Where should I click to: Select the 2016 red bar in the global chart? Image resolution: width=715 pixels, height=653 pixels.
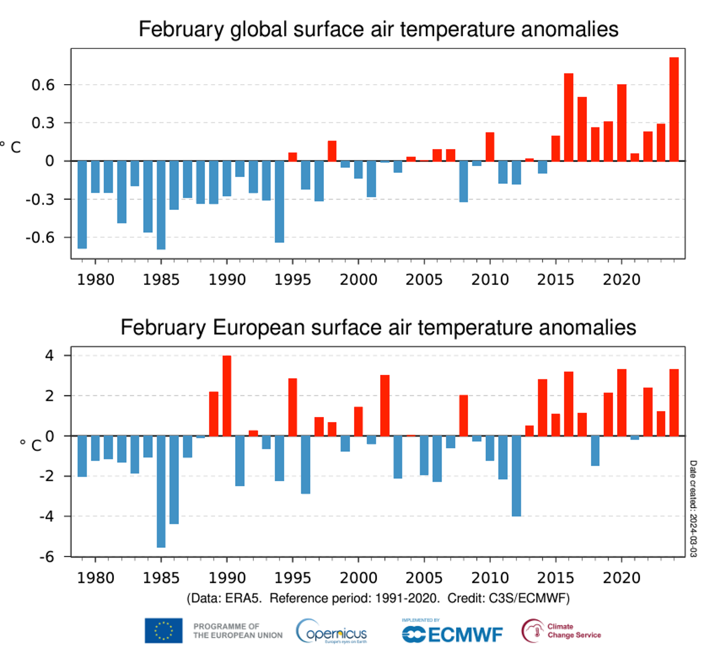coord(569,117)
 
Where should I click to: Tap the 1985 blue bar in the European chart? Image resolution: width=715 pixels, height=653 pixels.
coord(161,491)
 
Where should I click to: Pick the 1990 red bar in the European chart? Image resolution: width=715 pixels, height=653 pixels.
coord(227,396)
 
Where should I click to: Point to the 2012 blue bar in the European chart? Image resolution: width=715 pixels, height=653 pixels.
coord(516,476)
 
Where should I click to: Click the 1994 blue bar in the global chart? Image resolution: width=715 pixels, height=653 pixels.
coord(280,202)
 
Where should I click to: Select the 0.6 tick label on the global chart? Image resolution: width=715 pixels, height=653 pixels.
coord(43,85)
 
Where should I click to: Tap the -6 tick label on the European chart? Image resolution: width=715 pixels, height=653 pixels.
coord(47,557)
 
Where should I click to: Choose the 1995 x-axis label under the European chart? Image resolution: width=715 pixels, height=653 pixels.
coord(293,578)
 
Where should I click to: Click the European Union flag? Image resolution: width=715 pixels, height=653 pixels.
coord(163,631)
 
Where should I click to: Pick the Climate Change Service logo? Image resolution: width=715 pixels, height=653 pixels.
coord(561,630)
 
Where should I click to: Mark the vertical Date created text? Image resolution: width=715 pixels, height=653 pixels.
coord(693,509)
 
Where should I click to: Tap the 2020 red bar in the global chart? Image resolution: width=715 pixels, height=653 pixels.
coord(622,123)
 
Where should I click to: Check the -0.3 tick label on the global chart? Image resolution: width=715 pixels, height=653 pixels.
coord(40,200)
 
